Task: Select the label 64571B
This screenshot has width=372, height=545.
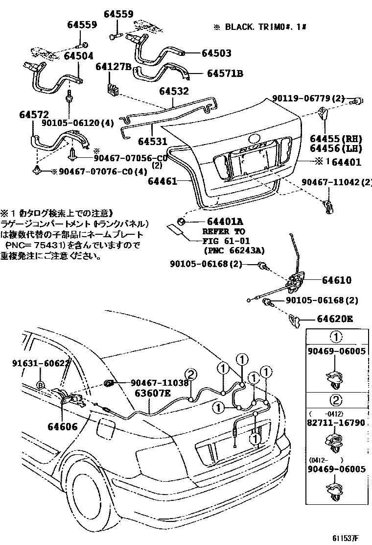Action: [x=225, y=74]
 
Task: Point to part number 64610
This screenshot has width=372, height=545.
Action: [x=337, y=280]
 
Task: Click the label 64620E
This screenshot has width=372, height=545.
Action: [x=337, y=319]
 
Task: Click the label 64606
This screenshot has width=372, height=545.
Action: [x=62, y=427]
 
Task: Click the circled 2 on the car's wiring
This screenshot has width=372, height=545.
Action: [x=191, y=375]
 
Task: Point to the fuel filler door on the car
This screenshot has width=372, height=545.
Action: [x=104, y=428]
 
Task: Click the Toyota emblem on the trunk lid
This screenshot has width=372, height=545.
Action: [x=256, y=139]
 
